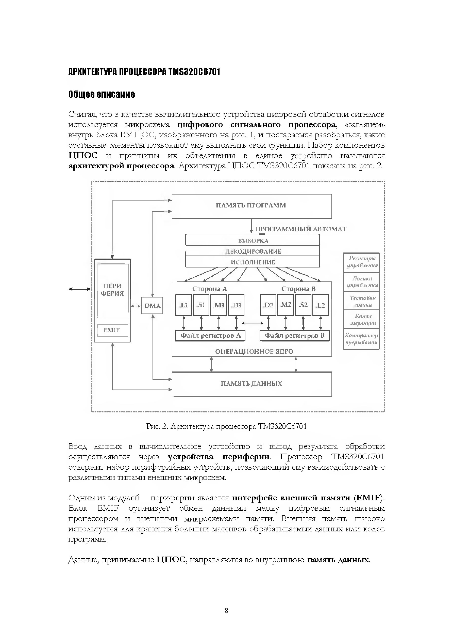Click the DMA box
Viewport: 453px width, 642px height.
(152, 305)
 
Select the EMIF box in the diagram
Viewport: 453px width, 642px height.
(112, 330)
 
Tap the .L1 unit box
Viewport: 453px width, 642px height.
(184, 305)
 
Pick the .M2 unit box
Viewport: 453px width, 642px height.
(285, 305)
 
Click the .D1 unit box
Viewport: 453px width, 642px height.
(236, 305)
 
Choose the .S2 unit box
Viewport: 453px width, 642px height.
(303, 305)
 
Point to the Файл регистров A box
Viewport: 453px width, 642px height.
(210, 336)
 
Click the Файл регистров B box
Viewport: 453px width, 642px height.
(294, 336)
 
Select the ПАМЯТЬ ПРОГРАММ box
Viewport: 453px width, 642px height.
(252, 206)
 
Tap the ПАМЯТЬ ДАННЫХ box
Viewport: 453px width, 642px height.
(252, 384)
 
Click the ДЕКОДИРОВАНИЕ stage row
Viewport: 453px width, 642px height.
(253, 251)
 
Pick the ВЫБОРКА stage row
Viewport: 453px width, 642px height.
(253, 241)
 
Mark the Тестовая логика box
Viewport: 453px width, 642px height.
(361, 301)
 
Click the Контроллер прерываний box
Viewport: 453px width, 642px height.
(361, 339)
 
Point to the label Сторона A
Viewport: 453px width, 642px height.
(210, 289)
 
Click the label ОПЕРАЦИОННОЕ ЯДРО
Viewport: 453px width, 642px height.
(254, 351)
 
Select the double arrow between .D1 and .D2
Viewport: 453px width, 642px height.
(252, 323)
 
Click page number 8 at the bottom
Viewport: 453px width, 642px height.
(226, 610)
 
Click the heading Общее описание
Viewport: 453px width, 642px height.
(102, 95)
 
